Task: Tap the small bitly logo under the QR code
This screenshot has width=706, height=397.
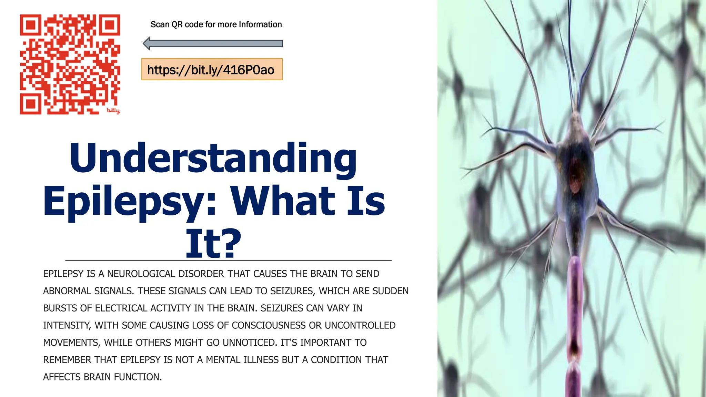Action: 113,110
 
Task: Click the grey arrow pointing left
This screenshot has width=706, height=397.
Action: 213,44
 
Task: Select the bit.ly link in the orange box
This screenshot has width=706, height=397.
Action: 211,70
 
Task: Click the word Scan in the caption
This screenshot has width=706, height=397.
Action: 160,25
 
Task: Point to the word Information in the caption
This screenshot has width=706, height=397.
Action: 260,25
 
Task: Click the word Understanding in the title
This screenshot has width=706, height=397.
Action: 213,159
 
